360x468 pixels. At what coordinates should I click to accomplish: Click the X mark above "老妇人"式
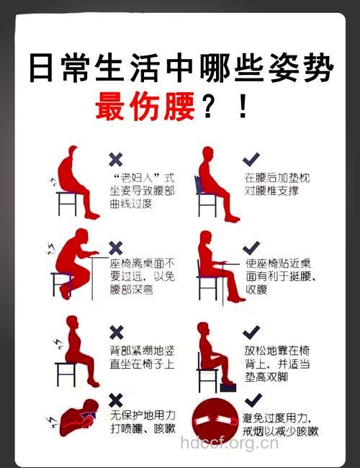tap(115, 159)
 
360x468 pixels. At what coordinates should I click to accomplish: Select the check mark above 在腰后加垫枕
tap(251, 158)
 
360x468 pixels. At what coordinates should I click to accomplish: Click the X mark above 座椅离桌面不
tap(115, 248)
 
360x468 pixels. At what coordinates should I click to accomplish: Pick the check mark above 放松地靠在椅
tap(251, 332)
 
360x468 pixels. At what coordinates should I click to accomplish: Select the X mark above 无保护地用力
tap(115, 400)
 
